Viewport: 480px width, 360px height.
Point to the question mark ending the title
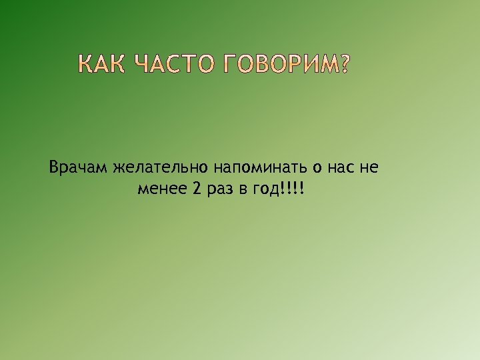coord(343,65)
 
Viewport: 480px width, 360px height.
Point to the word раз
coord(219,189)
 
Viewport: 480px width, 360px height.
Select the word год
coord(265,190)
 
